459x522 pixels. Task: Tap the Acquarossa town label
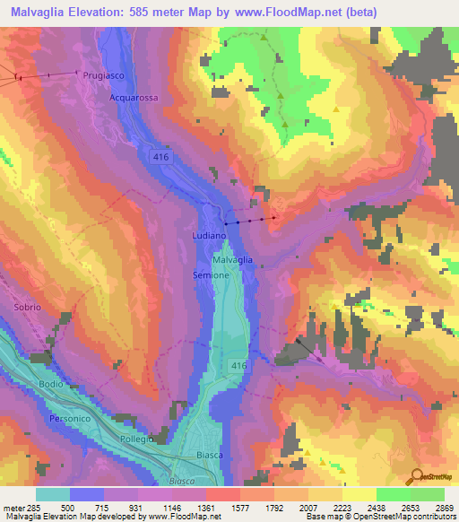click(x=133, y=97)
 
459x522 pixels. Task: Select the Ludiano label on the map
click(x=207, y=234)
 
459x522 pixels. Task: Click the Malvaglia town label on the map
click(x=232, y=259)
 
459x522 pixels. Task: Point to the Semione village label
click(x=211, y=275)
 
